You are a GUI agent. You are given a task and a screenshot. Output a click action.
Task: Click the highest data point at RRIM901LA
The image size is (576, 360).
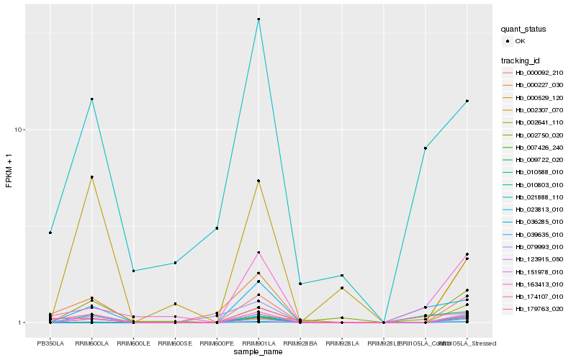[258, 19]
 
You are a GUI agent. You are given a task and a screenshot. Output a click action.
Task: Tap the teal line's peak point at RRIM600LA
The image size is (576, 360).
[91, 99]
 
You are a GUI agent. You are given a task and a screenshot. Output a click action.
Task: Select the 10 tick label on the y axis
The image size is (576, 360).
[21, 130]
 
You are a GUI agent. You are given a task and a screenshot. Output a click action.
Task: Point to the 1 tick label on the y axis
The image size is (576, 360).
[23, 323]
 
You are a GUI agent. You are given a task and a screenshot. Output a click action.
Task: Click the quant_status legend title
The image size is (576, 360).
[523, 30]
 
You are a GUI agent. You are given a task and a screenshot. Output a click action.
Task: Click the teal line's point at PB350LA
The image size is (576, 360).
[50, 233]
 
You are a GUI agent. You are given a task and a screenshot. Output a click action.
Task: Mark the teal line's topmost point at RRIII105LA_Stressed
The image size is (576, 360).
[467, 101]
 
